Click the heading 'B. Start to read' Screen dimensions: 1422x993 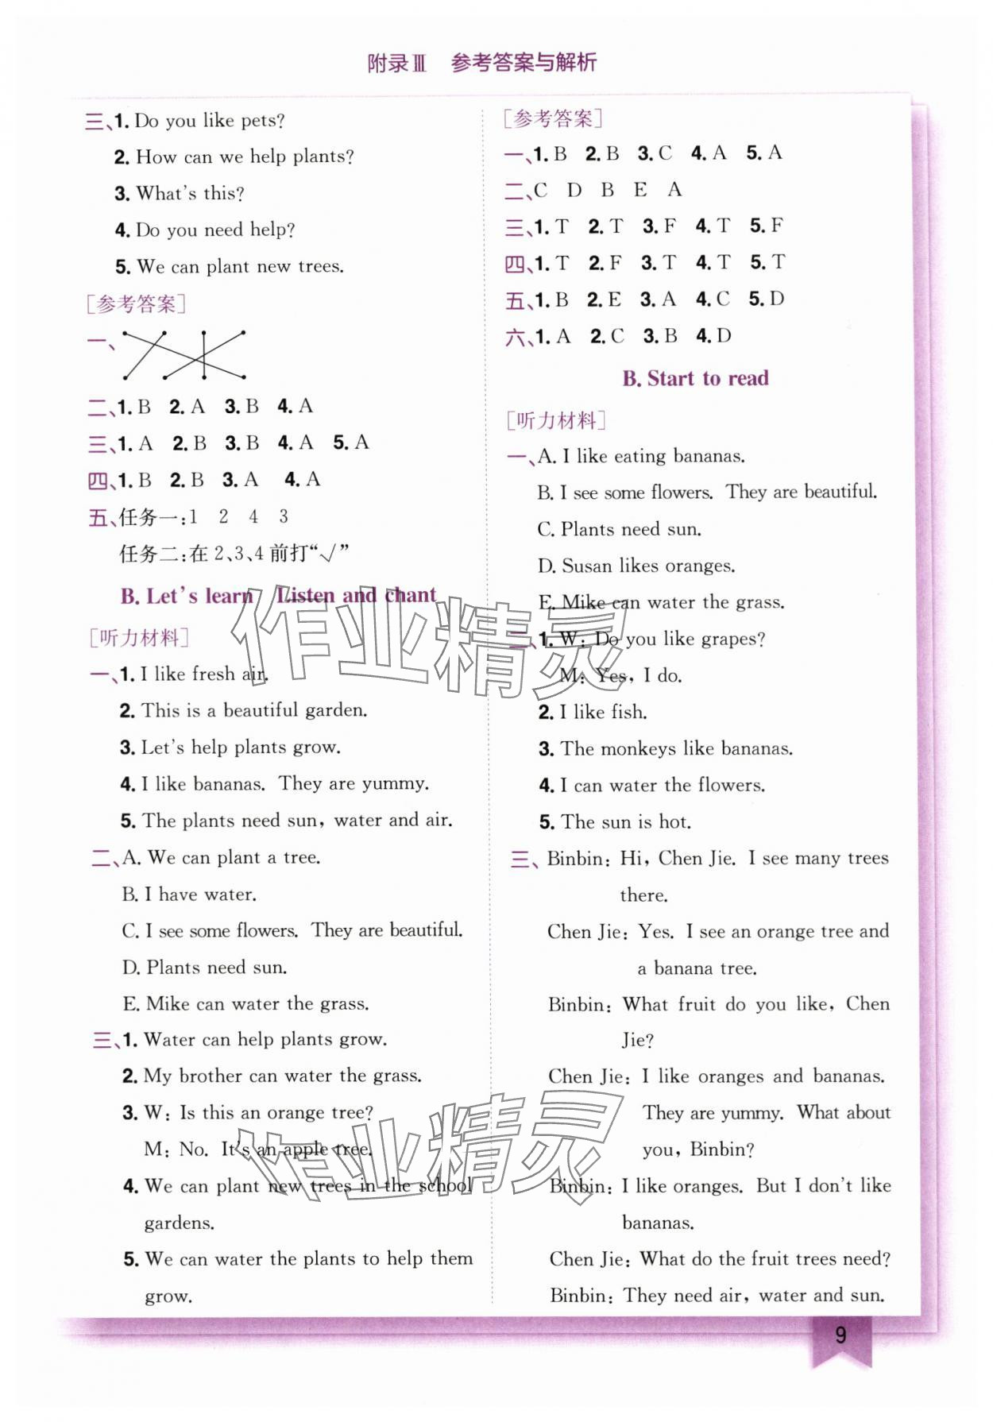[695, 378]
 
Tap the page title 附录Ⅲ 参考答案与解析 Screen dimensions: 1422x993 [482, 63]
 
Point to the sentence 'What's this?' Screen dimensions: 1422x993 [190, 193]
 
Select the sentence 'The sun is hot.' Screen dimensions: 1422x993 [626, 821]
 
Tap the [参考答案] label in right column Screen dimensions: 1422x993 [553, 119]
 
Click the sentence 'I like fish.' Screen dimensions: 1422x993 [603, 712]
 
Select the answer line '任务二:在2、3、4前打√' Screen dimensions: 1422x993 [234, 553]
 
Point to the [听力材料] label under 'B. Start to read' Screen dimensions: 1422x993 [556, 420]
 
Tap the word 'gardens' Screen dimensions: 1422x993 [179, 1223]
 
